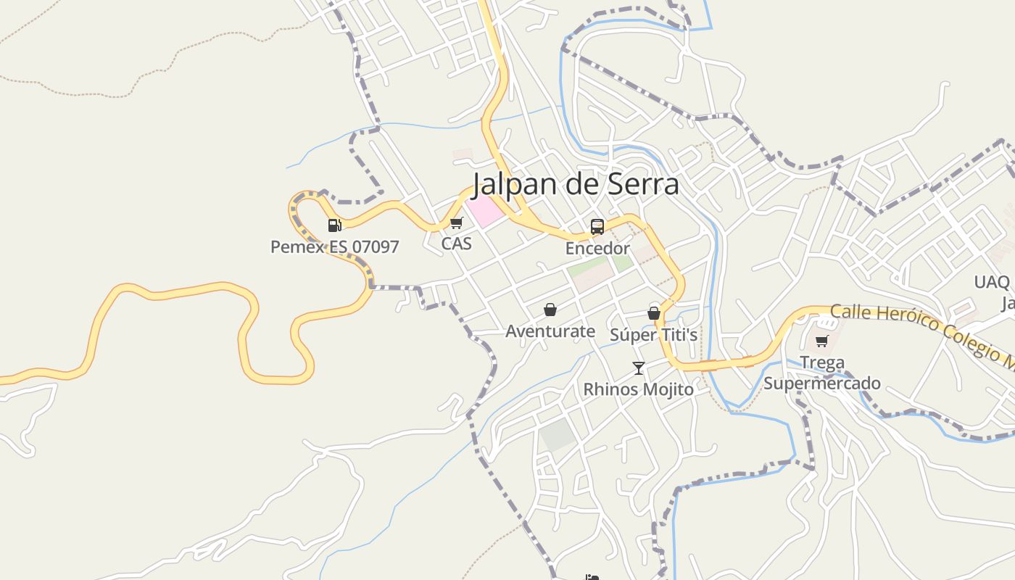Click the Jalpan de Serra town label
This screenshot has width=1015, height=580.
click(x=576, y=184)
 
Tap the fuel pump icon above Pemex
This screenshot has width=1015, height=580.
click(x=334, y=225)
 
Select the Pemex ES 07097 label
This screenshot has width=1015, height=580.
click(x=334, y=247)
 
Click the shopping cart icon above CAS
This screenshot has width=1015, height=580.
click(x=456, y=223)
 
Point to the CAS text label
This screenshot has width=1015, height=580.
click(x=457, y=244)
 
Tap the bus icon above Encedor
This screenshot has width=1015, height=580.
click(x=597, y=227)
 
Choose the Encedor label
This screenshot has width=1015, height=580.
click(x=597, y=249)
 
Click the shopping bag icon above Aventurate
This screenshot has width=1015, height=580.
click(x=550, y=310)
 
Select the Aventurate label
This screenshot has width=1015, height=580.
click(x=550, y=331)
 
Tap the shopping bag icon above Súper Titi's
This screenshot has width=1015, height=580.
click(x=653, y=313)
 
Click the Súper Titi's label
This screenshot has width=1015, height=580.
click(x=653, y=334)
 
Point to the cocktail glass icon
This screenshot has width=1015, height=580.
click(x=638, y=368)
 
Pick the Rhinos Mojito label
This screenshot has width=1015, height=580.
click(x=638, y=389)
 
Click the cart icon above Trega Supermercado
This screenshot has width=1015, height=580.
click(x=821, y=341)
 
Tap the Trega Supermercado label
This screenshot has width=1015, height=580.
click(x=822, y=373)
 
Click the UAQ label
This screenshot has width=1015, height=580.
click(x=992, y=282)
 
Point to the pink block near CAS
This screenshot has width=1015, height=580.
click(x=484, y=210)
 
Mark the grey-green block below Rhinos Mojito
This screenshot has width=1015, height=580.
click(x=557, y=435)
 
